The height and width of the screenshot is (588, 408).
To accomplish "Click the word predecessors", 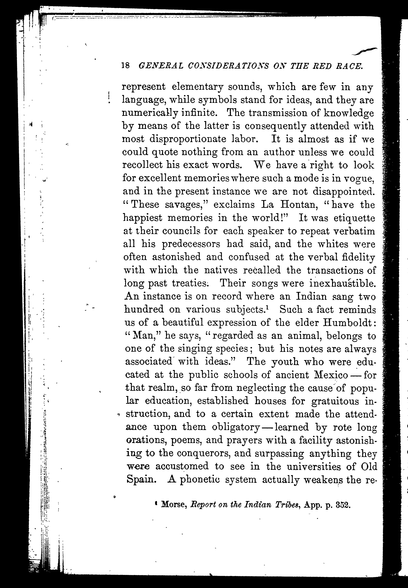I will click(x=191, y=244).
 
